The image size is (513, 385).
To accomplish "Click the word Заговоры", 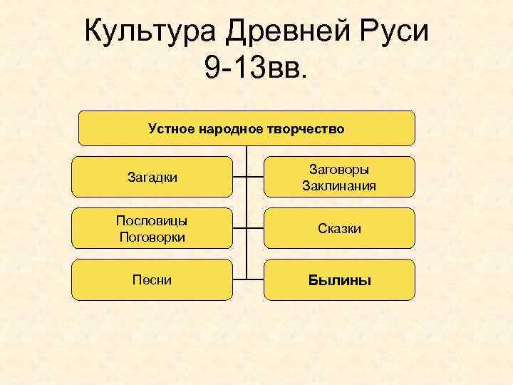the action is pyautogui.click(x=338, y=170).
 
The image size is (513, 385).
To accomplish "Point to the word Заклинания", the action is pyautogui.click(x=338, y=185).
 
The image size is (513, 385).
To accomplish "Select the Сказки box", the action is pyautogui.click(x=339, y=228).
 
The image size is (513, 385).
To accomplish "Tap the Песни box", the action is pyautogui.click(x=152, y=279).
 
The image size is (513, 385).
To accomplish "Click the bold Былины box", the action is pyautogui.click(x=339, y=279).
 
